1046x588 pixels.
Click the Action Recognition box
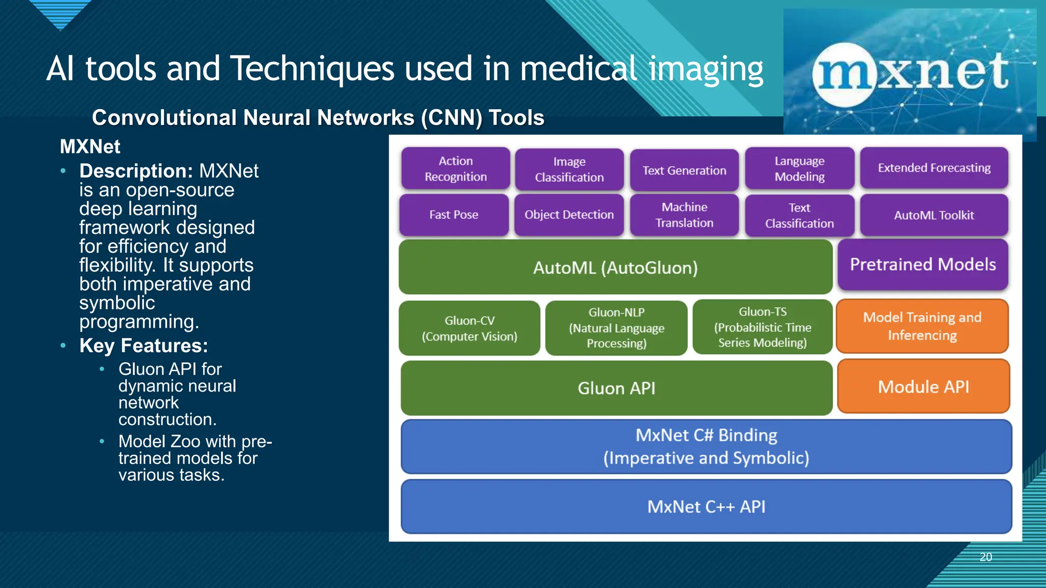pos(456,168)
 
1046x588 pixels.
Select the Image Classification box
pos(569,169)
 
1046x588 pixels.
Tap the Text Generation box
pos(684,170)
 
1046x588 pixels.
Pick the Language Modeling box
pos(799,168)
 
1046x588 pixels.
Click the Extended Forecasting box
pos(934,168)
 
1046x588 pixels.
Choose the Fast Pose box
pos(454,215)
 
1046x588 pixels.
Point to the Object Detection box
pos(569,215)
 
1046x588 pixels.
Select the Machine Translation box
pos(684,215)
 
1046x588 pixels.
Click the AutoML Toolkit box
pos(934,215)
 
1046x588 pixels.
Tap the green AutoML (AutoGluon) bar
pos(615,267)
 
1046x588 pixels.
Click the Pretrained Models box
pos(922,264)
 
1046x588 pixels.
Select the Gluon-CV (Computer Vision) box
pos(469,328)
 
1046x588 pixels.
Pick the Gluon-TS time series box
pos(762,327)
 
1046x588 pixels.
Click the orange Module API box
pos(923,387)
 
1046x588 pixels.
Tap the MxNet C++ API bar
pos(706,507)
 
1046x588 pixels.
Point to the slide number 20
pos(986,557)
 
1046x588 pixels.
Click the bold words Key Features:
pos(144,346)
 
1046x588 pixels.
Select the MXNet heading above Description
pos(90,146)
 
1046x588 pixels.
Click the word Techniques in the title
pos(312,69)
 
